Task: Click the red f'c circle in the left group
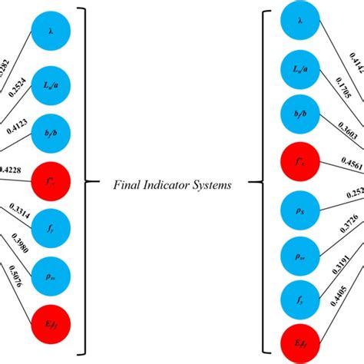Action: click(x=49, y=183)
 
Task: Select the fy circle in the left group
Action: click(x=49, y=227)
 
